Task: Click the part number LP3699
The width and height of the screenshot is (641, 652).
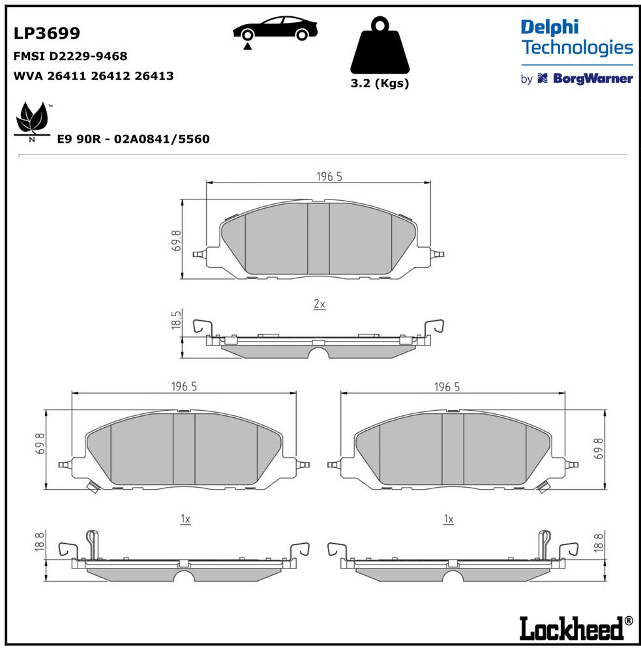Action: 46,33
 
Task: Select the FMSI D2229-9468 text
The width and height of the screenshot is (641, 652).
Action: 70,56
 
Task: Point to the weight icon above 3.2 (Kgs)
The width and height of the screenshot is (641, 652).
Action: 380,45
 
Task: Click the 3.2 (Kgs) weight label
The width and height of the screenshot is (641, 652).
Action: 380,83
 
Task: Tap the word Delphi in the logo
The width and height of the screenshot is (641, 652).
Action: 550,27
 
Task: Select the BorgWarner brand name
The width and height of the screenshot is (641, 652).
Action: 593,79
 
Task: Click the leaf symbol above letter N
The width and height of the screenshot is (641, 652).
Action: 32,117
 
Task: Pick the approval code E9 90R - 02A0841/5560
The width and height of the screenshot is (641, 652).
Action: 133,139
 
